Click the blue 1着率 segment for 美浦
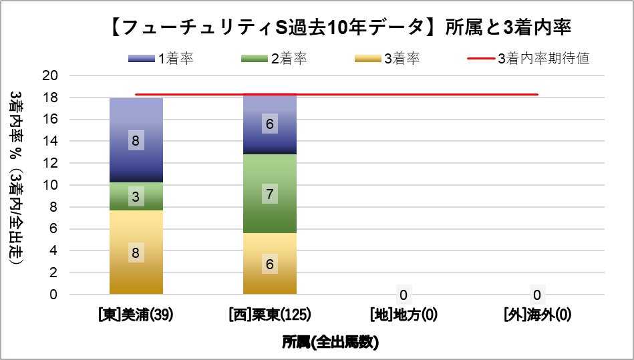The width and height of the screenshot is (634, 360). [136, 140]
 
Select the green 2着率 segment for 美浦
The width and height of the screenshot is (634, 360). [136, 196]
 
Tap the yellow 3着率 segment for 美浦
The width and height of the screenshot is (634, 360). [136, 252]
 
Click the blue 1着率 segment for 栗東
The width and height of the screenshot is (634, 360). [270, 124]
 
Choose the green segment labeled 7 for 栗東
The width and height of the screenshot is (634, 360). [270, 194]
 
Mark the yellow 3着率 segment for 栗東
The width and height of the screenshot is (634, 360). [270, 264]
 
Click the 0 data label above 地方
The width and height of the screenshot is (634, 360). [404, 295]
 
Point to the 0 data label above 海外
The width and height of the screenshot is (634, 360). [537, 295]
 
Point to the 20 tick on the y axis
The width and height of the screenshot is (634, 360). [51, 75]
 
